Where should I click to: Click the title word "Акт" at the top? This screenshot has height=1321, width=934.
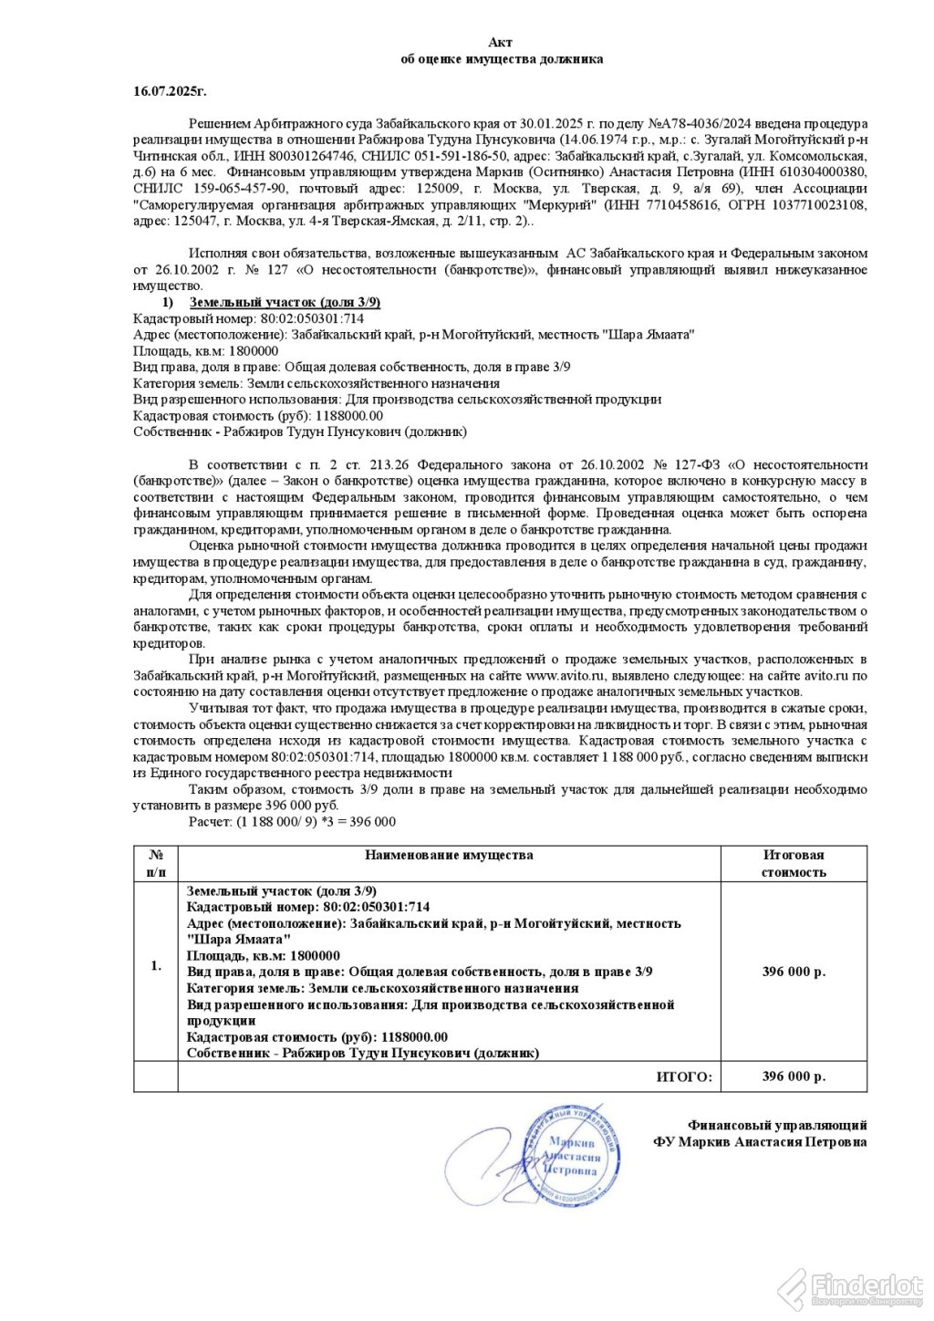point(501,42)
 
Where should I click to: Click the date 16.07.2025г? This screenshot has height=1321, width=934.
point(170,91)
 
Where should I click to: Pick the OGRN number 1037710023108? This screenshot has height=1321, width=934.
point(817,204)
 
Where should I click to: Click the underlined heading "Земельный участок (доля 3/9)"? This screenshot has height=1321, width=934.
point(285,302)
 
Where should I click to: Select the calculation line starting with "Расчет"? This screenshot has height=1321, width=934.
point(292,821)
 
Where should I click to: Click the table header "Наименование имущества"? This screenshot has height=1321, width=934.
point(449,855)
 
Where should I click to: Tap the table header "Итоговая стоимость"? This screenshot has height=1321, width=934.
point(794,863)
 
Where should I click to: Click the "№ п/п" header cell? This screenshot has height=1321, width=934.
point(156,863)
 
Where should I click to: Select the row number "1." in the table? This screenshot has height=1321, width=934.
point(156,965)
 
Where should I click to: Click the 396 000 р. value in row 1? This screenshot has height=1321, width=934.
point(794,972)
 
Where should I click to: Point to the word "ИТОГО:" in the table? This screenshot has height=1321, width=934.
point(684,1077)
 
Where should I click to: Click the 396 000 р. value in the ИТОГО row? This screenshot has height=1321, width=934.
point(794,1077)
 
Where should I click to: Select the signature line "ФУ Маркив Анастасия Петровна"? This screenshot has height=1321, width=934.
point(760,1142)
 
